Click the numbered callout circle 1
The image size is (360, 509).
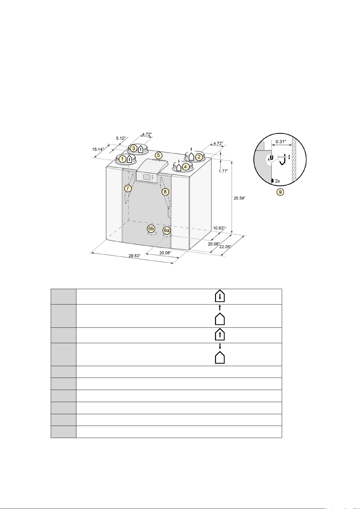(x=123, y=159)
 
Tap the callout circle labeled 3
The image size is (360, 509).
(x=134, y=149)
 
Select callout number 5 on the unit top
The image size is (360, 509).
(x=159, y=156)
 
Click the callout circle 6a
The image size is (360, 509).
(x=166, y=230)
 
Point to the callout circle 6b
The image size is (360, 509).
(x=151, y=228)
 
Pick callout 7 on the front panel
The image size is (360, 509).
(x=128, y=188)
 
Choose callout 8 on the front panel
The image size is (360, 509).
(x=165, y=192)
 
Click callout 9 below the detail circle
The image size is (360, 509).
(x=280, y=192)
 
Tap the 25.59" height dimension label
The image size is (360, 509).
(x=239, y=198)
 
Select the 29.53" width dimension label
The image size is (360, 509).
(x=134, y=256)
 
